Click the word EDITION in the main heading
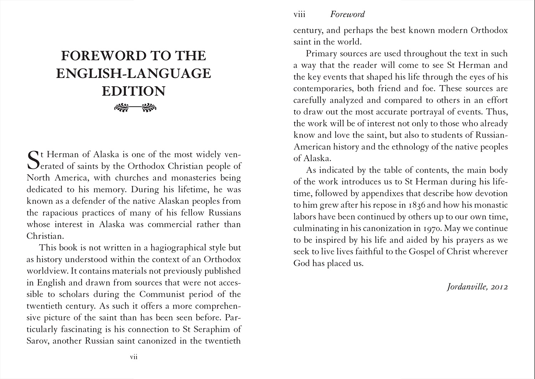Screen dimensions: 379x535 coord(134,91)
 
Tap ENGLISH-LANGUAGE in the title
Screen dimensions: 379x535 coord(134,73)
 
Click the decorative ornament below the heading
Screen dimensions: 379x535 coord(134,107)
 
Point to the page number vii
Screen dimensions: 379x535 coord(134,357)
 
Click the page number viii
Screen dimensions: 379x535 coord(299,14)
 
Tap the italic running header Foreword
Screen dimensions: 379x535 coord(347,14)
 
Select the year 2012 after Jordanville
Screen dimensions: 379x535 coord(499,287)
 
